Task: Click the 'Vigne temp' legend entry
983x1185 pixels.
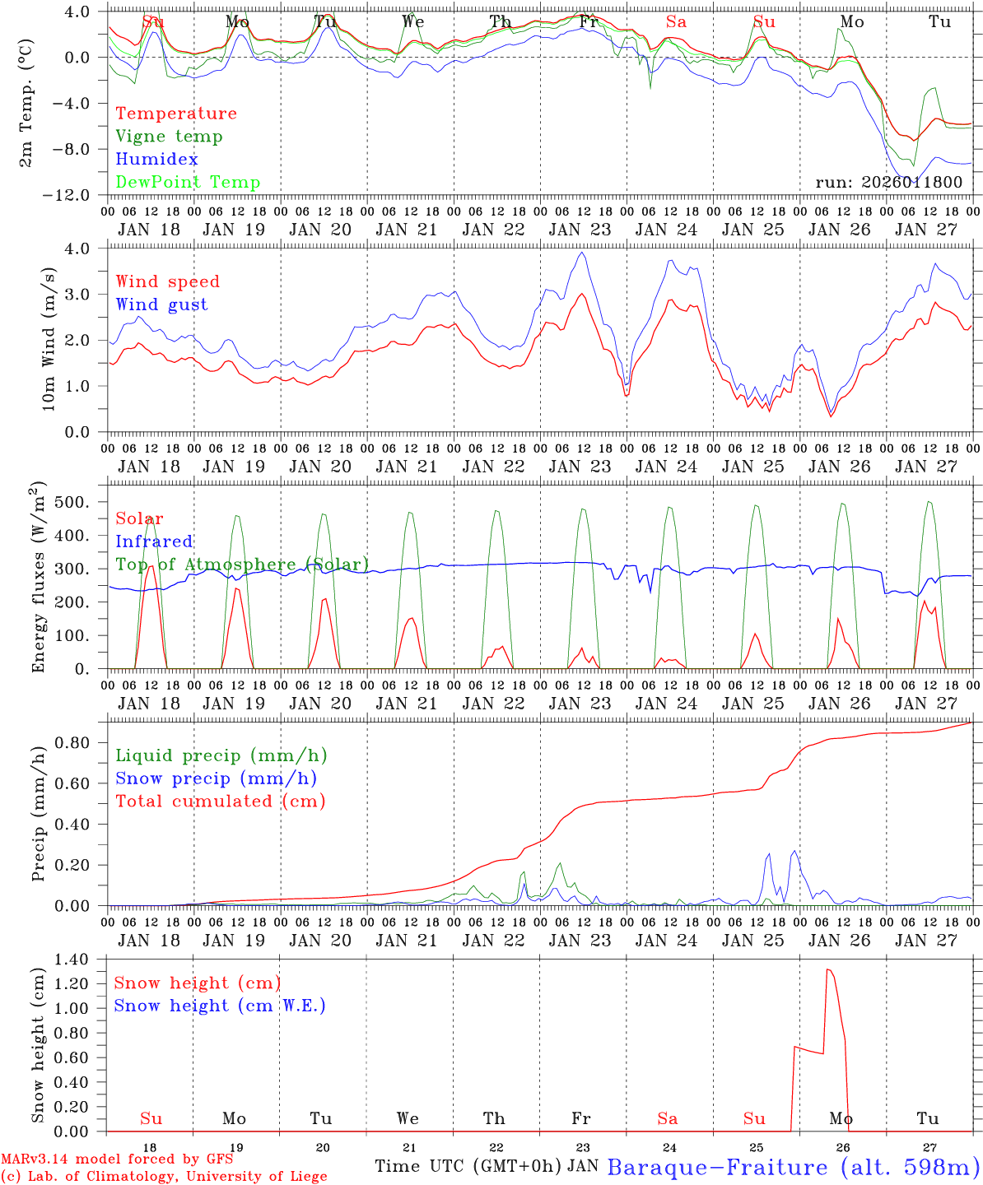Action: point(169,137)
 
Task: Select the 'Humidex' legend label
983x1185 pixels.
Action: point(156,160)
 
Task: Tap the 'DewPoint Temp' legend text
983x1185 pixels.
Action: point(188,183)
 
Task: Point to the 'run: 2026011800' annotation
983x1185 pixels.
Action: point(888,183)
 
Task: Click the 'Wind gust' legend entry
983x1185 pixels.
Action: point(161,304)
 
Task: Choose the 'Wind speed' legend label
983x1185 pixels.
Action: point(168,281)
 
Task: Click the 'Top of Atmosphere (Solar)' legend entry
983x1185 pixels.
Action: point(242,565)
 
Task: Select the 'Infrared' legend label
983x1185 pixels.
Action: point(154,541)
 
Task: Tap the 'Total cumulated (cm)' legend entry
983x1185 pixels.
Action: point(221,801)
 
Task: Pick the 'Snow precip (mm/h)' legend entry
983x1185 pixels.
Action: point(216,778)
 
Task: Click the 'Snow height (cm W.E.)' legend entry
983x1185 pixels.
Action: point(220,1006)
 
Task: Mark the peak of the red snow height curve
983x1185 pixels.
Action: point(828,970)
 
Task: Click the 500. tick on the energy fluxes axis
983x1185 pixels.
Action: point(76,502)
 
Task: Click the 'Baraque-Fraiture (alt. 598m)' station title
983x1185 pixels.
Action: point(794,1167)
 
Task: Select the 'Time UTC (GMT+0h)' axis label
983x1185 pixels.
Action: point(468,1166)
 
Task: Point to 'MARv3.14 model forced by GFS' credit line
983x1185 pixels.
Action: point(117,1159)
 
